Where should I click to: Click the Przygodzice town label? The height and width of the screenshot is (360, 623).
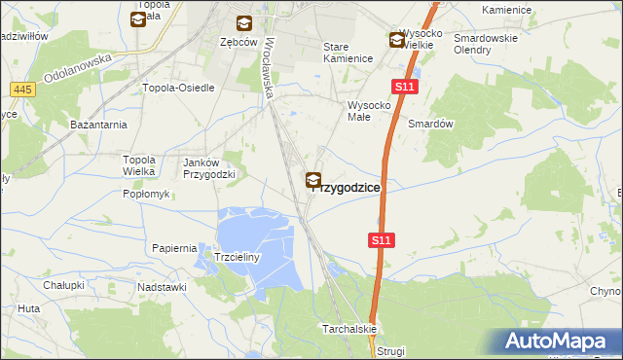[x=348, y=188]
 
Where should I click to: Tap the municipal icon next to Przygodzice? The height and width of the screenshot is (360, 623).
[x=314, y=180]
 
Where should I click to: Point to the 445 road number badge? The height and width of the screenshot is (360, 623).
[x=24, y=90]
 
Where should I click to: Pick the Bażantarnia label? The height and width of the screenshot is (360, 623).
[x=98, y=126]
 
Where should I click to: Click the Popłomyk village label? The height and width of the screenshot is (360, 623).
[x=146, y=194]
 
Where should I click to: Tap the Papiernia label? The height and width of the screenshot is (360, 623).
[x=175, y=248]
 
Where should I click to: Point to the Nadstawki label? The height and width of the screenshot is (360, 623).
[x=162, y=287]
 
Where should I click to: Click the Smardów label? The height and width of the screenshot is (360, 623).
[x=431, y=125]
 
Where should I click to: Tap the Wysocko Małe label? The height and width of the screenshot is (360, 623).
[x=369, y=111]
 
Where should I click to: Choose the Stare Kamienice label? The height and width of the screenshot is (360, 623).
[x=348, y=53]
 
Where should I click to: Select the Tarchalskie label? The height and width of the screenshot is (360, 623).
[x=349, y=330]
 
